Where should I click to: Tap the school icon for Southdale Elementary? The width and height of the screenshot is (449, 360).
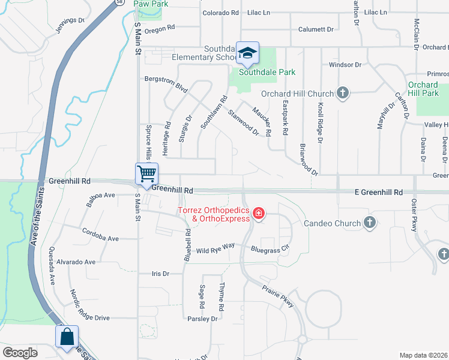click(247, 53)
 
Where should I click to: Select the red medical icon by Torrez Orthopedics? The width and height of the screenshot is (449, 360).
click(259, 214)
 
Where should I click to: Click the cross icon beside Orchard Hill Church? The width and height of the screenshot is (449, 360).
click(343, 93)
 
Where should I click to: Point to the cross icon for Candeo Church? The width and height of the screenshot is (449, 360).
click(370, 223)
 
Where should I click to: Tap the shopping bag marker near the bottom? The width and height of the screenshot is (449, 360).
click(67, 337)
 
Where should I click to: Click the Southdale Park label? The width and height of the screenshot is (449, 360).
click(267, 72)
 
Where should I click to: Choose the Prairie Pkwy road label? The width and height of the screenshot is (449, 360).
click(277, 296)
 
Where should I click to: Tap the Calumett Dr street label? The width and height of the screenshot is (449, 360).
click(316, 29)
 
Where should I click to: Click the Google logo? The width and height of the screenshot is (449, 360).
click(20, 353)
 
